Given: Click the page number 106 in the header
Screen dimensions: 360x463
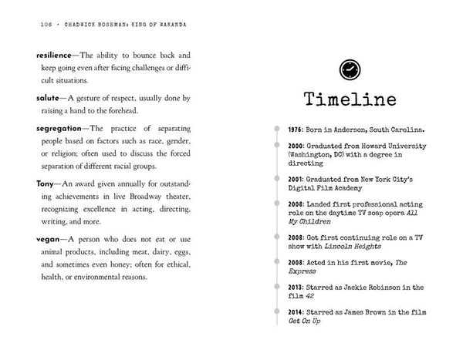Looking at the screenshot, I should [x=25, y=25].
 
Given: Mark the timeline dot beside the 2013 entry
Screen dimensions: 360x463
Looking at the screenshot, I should [x=275, y=286].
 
